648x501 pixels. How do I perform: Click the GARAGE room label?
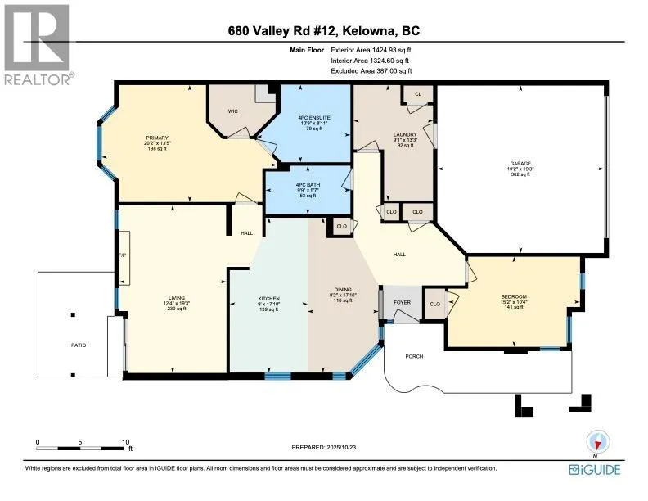pos(520,164)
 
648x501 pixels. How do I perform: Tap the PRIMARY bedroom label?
pos(157,138)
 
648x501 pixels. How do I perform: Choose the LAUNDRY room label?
pos(405,134)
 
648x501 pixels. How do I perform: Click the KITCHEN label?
pos(269,298)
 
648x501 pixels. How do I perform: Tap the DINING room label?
pos(341,291)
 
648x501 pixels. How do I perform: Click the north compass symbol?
pos(598,443)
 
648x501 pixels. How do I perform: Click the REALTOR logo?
pos(38,45)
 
